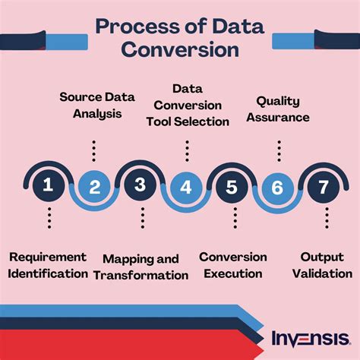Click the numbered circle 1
pos(49,185)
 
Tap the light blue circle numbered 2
pos(94,187)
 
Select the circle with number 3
pos(141,185)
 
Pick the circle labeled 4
pos(186,188)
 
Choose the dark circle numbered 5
pos(232,187)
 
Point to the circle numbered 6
pos(277,188)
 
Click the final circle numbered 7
pos(324,187)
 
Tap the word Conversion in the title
pos(180,49)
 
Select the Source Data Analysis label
pos(97,106)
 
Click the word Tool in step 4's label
pos(159,122)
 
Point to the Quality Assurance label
pos(278,109)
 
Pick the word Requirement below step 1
pos(48,257)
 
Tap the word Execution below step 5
pos(233,273)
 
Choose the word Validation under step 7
pos(322,273)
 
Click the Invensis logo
pos(311,338)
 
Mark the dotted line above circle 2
pos(94,151)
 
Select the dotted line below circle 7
pos(327,218)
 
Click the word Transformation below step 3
pos(141,276)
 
